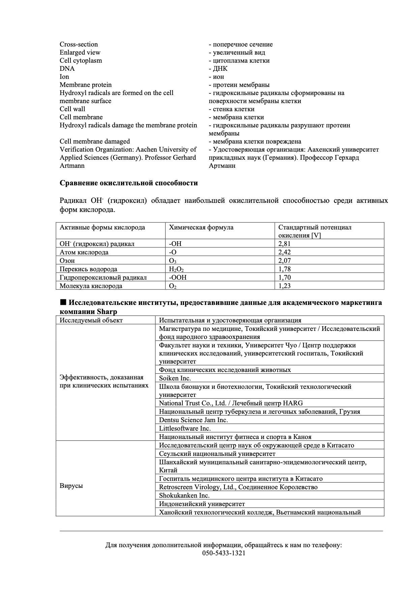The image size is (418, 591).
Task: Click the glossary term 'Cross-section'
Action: coord(79,44)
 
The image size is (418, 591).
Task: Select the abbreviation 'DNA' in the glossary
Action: coord(67,69)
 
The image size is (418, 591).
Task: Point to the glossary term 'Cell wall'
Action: coord(72,109)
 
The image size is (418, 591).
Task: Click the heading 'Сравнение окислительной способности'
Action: coord(129,183)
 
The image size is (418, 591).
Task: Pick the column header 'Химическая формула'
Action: coord(201,227)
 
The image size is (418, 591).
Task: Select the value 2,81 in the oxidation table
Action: coord(285,244)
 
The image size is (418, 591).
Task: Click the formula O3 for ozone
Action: coord(173,261)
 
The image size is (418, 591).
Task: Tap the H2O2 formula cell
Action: coord(176,269)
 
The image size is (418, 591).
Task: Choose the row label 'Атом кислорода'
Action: coord(84,252)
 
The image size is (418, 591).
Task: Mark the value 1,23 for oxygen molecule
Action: coord(285,286)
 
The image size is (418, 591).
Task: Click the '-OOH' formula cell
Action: coord(178,278)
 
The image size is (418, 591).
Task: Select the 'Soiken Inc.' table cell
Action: coord(175,378)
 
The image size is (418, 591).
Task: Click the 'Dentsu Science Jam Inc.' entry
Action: coord(193,420)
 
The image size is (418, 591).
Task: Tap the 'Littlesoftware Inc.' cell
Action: coord(185,429)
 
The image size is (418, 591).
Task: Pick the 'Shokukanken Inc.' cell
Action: coord(184,496)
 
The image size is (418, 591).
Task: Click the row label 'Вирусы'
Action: coord(71,486)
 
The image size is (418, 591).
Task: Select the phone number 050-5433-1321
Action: coord(223,553)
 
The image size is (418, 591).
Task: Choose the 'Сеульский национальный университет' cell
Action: coord(217,454)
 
